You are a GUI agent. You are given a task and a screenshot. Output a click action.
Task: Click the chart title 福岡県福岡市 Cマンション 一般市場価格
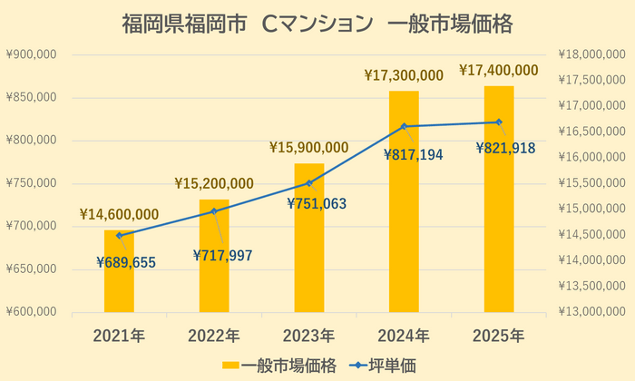click(317, 24)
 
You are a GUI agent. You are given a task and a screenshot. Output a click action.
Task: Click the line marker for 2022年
click(214, 211)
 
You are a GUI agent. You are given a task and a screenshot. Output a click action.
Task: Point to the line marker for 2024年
click(404, 126)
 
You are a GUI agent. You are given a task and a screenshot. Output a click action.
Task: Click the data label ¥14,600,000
click(119, 215)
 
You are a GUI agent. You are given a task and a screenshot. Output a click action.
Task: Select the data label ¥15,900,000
click(308, 147)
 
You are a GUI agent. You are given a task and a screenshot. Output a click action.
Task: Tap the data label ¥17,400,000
click(499, 70)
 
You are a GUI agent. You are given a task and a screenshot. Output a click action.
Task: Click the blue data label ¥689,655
click(126, 263)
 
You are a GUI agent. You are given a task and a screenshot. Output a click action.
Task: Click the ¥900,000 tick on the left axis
click(32, 54)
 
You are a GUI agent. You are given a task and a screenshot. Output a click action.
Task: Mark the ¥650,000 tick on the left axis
click(32, 269)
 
